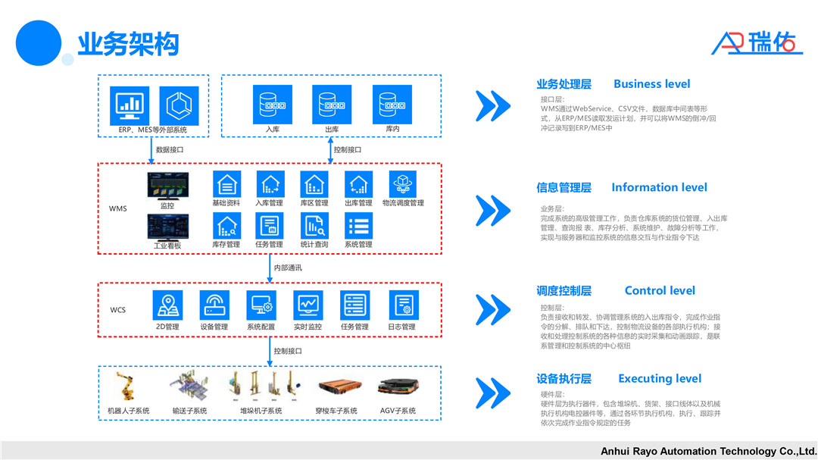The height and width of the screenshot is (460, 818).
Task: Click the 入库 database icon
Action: pyautogui.click(x=272, y=104)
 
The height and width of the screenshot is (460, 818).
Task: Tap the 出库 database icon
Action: pyautogui.click(x=332, y=104)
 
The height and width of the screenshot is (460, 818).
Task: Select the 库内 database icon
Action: pyautogui.click(x=392, y=104)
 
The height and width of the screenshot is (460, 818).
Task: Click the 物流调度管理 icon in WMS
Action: pyautogui.click(x=403, y=184)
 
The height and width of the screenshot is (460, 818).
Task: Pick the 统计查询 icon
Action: pyautogui.click(x=314, y=226)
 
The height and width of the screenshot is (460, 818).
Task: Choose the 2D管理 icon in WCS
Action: pyautogui.click(x=167, y=305)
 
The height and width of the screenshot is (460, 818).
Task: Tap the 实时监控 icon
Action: pyautogui.click(x=308, y=305)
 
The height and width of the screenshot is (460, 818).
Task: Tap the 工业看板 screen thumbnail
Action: pyautogui.click(x=167, y=227)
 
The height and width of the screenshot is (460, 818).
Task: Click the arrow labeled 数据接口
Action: pyautogui.click(x=151, y=150)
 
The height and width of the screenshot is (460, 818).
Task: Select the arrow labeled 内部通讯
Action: pyautogui.click(x=273, y=268)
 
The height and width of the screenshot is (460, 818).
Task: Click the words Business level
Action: pyautogui.click(x=651, y=84)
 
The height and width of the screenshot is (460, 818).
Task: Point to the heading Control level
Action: pyautogui.click(x=659, y=290)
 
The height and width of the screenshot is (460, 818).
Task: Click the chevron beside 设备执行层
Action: pyautogui.click(x=492, y=392)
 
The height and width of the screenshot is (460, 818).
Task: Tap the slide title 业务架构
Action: pyautogui.click(x=128, y=44)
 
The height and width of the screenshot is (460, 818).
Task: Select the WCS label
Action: pyautogui.click(x=118, y=310)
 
